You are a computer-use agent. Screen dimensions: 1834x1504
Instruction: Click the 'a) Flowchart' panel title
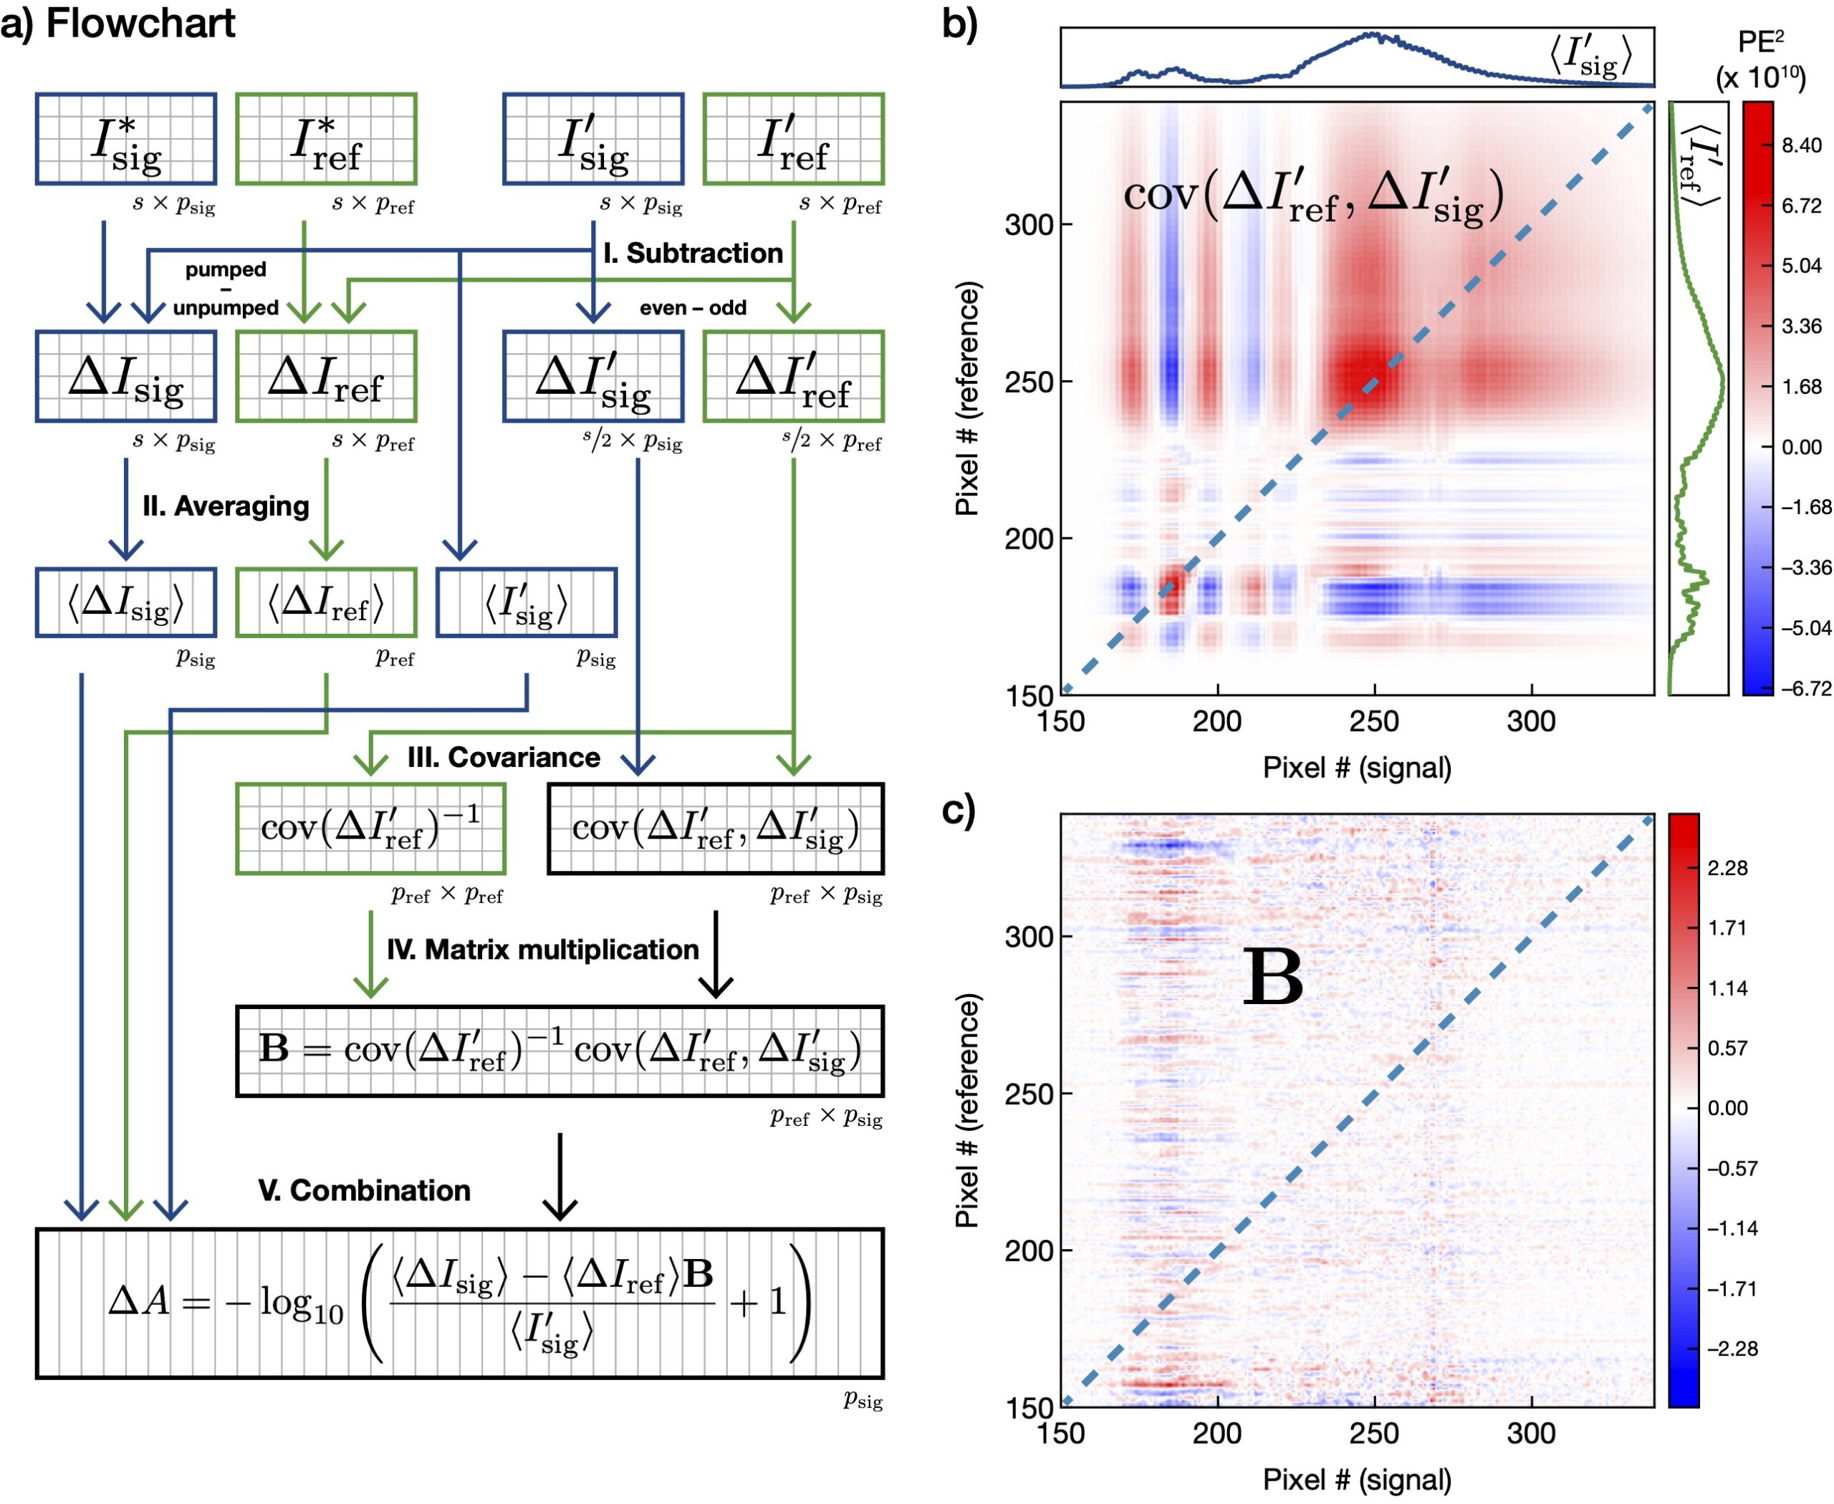coord(118,24)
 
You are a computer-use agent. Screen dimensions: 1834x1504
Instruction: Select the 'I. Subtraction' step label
coord(693,253)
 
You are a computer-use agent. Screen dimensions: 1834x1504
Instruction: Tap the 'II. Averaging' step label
coord(226,506)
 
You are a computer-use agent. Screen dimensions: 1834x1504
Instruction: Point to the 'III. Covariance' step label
coord(504,757)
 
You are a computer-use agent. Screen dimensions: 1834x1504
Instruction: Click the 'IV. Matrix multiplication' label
coord(542,950)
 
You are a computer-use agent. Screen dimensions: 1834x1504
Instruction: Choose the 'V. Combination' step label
coord(364,1190)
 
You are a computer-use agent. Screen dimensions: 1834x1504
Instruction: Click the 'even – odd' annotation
coord(693,307)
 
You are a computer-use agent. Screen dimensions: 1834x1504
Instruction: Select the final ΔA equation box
coord(459,1303)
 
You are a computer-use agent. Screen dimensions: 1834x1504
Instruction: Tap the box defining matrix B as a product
coord(560,1051)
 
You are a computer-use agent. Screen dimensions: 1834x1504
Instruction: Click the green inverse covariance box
coord(371,828)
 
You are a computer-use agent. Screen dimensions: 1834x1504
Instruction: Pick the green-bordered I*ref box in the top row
coord(326,139)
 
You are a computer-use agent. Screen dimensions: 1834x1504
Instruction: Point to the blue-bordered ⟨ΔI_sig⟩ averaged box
coord(125,602)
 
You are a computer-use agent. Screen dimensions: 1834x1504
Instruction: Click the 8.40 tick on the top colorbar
coord(1802,145)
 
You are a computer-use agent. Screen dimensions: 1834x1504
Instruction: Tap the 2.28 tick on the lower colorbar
coord(1727,868)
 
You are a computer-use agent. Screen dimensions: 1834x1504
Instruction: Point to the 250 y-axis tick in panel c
coord(1029,1094)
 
